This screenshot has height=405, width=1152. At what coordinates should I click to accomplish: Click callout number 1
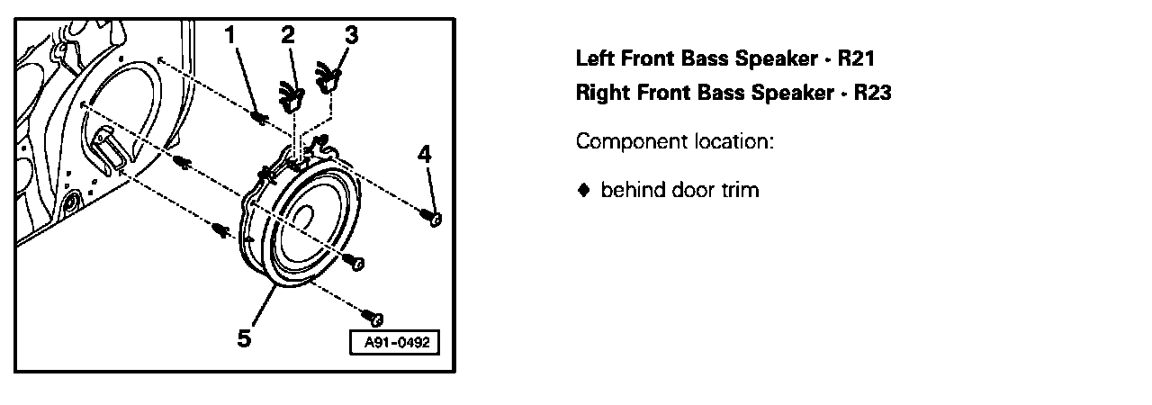230,35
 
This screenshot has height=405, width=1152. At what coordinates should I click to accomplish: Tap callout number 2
288,35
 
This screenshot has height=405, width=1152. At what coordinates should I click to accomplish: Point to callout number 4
425,154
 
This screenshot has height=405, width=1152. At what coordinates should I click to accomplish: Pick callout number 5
244,338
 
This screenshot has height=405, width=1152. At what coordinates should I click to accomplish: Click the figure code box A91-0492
395,344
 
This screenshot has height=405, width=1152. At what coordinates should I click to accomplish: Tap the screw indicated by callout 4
435,219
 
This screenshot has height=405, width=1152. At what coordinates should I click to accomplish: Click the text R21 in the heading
856,59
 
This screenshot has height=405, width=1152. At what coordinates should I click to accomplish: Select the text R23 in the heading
872,93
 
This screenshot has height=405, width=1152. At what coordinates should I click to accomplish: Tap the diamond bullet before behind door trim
583,190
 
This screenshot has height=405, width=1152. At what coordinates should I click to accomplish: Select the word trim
739,190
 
